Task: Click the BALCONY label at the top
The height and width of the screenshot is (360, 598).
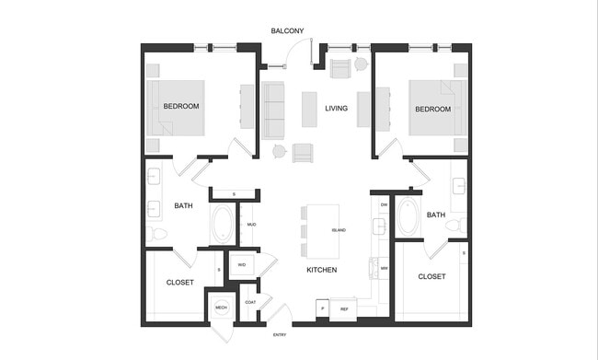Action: pos(287,31)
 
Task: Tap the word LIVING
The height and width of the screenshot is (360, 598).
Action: pos(336,109)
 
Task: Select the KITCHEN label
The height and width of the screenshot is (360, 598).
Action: pos(321,270)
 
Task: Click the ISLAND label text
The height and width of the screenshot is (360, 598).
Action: pos(339,230)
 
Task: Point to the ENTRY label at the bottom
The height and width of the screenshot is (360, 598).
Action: pos(280,335)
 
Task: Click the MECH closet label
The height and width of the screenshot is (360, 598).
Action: pos(221,308)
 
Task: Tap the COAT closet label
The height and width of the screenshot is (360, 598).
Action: pos(250,302)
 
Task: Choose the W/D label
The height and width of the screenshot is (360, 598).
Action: pos(242,265)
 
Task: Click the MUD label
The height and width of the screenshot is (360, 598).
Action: pos(250,224)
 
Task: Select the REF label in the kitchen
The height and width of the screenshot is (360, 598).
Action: pos(345,309)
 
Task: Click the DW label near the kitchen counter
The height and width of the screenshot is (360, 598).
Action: pos(384,204)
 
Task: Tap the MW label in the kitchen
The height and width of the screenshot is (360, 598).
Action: pos(384,268)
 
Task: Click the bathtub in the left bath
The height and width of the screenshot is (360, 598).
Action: pos(223,224)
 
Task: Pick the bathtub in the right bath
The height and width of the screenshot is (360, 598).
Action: pos(408,217)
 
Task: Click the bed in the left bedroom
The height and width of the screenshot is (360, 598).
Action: pos(189,108)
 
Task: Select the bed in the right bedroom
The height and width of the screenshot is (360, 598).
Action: pos(432,108)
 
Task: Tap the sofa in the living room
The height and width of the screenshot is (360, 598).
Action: pos(273,110)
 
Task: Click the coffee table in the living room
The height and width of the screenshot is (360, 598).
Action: pos(309,109)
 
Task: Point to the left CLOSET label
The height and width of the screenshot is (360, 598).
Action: pos(180,283)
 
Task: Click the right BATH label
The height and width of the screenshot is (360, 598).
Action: pos(436,215)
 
